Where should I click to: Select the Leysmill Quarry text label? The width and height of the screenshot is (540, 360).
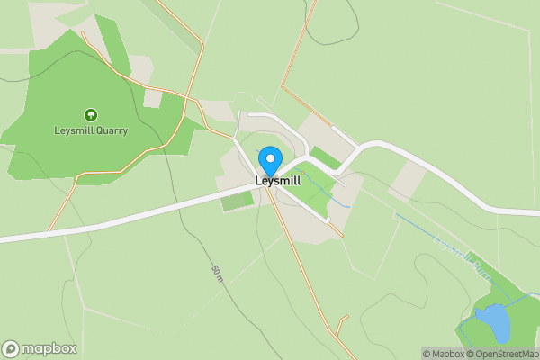[90, 130]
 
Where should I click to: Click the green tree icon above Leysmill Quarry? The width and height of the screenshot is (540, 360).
[90, 114]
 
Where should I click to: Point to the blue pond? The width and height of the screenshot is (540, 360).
[491, 322]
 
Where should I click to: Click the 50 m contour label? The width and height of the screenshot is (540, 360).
[217, 275]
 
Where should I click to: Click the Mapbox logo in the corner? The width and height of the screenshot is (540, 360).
[40, 348]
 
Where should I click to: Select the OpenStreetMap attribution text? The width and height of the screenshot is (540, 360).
[504, 354]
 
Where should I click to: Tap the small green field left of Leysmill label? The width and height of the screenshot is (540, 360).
[236, 201]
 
